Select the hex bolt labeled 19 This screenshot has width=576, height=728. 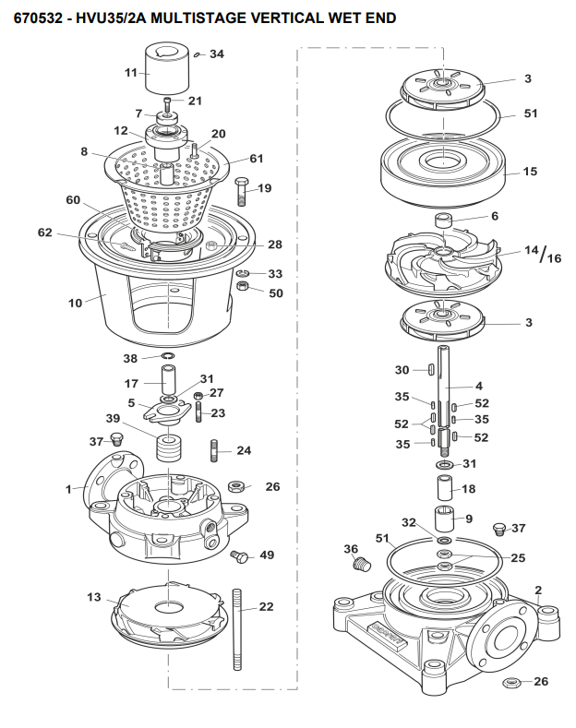242,191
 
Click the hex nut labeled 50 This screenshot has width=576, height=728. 242,286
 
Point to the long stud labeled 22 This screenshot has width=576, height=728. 237,629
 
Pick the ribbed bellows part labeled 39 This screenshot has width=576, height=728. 168,448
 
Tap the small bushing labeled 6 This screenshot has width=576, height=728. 445,220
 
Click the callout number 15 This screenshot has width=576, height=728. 530,172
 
